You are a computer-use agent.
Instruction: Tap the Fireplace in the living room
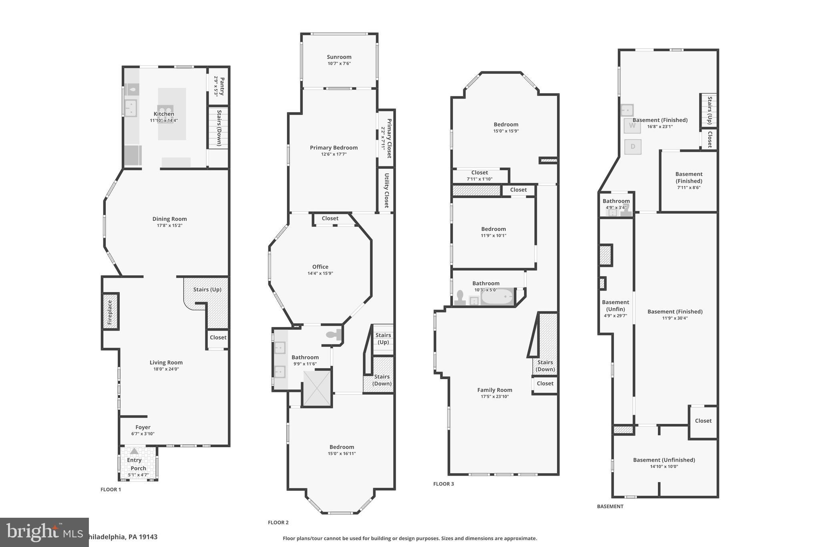coord(110,312)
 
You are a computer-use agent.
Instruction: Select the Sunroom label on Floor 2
coord(339,57)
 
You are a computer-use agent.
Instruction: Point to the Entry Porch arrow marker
coord(135,451)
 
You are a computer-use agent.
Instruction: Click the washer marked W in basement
coord(632,125)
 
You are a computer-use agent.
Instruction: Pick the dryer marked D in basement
coord(633,147)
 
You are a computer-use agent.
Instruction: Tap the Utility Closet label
coord(386,190)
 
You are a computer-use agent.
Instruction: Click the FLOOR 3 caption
coord(444,484)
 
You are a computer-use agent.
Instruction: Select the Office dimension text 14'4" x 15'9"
coord(320,273)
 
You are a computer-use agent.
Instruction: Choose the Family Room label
coord(494,390)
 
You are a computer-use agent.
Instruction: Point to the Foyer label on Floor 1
coord(143,427)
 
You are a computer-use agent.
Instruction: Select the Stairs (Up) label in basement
coord(709,110)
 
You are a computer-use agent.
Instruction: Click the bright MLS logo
coord(44,532)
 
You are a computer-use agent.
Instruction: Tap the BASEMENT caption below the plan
coord(610,506)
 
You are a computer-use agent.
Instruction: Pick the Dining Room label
coord(169,219)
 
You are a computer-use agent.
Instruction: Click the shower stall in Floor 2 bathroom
coord(317,388)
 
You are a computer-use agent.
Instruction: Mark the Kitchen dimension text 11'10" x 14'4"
coord(164,120)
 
